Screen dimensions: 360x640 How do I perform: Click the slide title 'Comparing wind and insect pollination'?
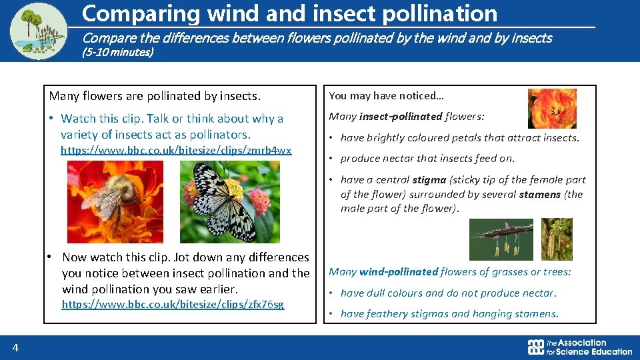[289, 13]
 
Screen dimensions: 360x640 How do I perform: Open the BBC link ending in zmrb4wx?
[176, 151]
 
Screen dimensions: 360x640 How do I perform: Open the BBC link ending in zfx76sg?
[173, 305]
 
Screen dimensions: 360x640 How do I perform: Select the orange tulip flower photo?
[552, 109]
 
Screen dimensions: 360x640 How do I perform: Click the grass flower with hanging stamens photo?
[501, 239]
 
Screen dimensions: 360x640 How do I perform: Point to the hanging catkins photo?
[556, 239]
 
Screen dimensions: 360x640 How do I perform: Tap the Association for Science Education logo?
[579, 347]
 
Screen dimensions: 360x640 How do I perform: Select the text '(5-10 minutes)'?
[117, 52]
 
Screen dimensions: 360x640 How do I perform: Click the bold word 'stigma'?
[429, 180]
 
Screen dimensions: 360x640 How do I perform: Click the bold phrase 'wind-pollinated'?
[399, 272]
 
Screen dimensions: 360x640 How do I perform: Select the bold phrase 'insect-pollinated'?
[400, 117]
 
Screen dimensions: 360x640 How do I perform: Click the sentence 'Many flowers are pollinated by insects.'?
[155, 96]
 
